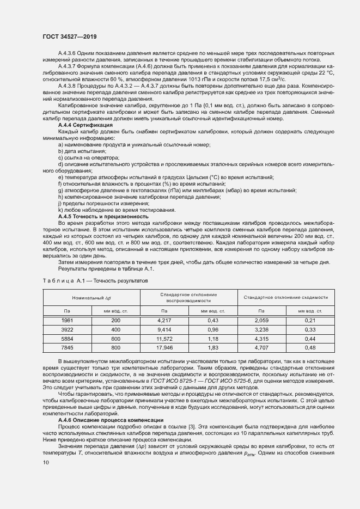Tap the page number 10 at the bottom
[x=46, y=462]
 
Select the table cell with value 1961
[x=68, y=321]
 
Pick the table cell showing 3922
[x=68, y=329]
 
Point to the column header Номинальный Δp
[x=91, y=298]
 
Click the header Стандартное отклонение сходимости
[x=286, y=298]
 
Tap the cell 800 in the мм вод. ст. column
[x=115, y=347]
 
